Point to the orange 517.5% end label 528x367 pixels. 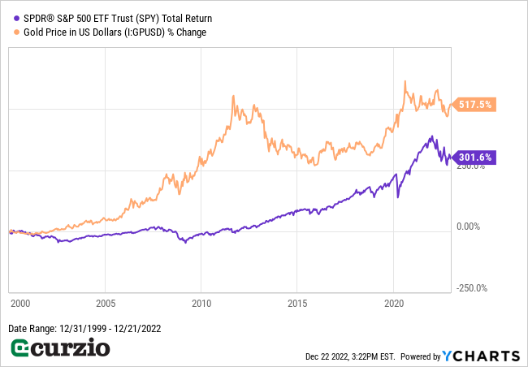pos(475,105)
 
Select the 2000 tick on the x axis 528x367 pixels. pos(20,303)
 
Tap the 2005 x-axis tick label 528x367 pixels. pos(105,303)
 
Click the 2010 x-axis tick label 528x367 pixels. pos(201,303)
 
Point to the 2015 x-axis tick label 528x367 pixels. pos(297,303)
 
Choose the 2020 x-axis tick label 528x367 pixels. pos(393,303)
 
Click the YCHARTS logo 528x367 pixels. pos(481,356)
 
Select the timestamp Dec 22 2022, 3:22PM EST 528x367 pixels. pos(350,356)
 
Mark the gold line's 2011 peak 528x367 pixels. pos(234,96)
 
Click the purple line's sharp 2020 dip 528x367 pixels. pos(398,196)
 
